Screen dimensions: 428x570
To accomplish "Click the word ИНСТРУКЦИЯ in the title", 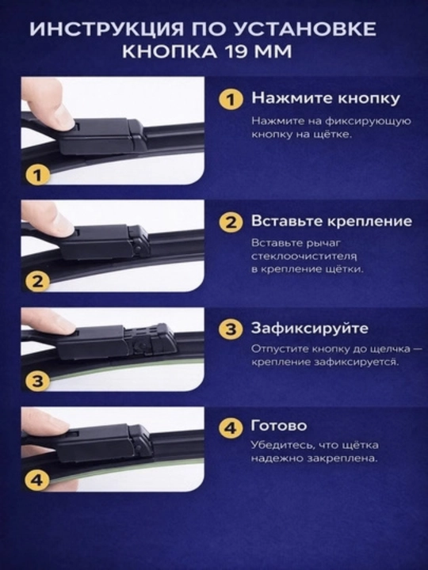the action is coord(108,29).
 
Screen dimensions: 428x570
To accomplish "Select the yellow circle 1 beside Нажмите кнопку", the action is coord(231,100).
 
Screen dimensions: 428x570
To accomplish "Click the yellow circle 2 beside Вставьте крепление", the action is coord(231,222).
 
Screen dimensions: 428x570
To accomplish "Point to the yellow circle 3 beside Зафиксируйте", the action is coord(231,329).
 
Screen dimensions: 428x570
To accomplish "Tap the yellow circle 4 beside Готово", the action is coord(231,427).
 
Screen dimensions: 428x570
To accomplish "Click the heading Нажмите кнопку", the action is coord(326,98).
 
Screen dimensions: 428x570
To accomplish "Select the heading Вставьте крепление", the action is coord(331,222).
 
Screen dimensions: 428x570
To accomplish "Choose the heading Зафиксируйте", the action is coord(310,329).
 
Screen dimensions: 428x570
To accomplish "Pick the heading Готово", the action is coord(279,426).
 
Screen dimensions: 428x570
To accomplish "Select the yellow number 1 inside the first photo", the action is coord(37,175).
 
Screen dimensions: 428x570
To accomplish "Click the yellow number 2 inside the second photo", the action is coord(37,282).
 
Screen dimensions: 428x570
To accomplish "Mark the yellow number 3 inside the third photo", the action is coord(37,381).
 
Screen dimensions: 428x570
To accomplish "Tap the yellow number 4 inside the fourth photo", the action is coord(37,481).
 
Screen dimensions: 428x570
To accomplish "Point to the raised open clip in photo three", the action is coord(152,339).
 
